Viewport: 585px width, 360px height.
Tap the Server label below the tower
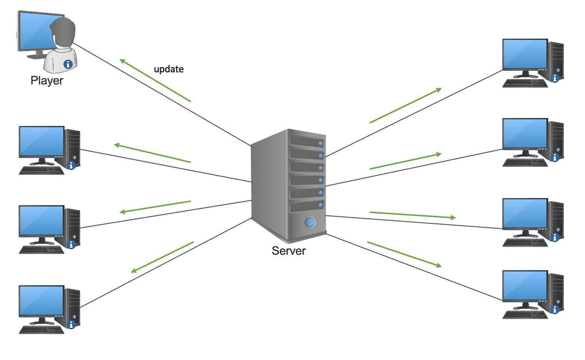(x=289, y=251)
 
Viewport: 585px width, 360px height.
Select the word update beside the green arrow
(x=169, y=69)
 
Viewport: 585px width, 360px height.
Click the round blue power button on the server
(x=310, y=222)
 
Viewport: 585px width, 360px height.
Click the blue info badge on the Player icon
(x=68, y=64)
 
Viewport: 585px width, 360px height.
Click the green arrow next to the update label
(x=155, y=80)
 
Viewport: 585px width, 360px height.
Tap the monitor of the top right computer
(x=525, y=54)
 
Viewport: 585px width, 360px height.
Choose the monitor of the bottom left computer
(x=41, y=301)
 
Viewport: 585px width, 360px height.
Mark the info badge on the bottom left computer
(x=71, y=324)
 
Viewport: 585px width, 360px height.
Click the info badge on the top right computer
(x=555, y=78)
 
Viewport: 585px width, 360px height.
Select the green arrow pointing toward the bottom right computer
(x=404, y=254)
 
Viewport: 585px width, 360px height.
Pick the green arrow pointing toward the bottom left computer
(x=163, y=257)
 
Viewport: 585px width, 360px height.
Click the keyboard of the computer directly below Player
(x=42, y=170)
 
